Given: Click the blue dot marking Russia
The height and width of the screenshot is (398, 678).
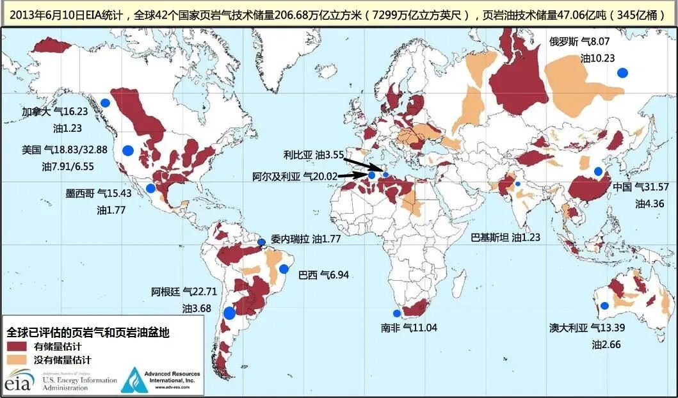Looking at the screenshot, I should pyautogui.click(x=622, y=73).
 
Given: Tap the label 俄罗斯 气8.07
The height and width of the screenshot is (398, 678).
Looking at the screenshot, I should pyautogui.click(x=579, y=42).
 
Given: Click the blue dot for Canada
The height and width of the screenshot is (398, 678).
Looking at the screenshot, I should pyautogui.click(x=105, y=102).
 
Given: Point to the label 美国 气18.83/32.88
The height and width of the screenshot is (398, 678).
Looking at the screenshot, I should pyautogui.click(x=64, y=150).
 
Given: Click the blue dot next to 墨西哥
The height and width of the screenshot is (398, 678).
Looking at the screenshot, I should pyautogui.click(x=150, y=188).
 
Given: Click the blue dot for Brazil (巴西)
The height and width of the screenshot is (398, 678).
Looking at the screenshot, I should pyautogui.click(x=284, y=269).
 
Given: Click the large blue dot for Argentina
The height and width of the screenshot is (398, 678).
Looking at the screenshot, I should pyautogui.click(x=229, y=313).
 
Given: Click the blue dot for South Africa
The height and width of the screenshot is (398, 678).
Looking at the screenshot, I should pyautogui.click(x=397, y=314).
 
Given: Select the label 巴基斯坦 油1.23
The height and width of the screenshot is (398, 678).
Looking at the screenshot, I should pyautogui.click(x=505, y=237).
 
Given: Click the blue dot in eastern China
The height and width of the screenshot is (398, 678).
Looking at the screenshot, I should pyautogui.click(x=599, y=171).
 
